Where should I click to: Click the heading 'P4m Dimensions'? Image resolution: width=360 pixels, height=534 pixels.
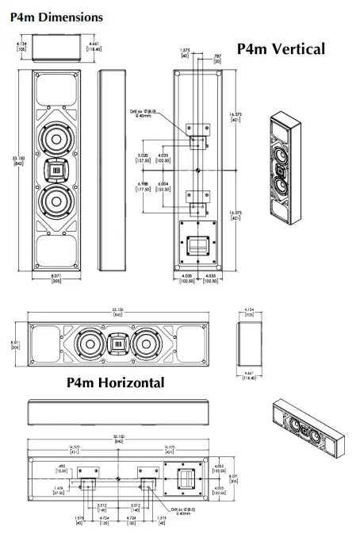pyautogui.click(x=56, y=16)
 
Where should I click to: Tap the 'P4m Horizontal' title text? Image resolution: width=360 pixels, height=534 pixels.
pyautogui.click(x=116, y=383)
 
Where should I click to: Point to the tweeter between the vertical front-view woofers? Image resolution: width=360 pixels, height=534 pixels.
pyautogui.click(x=57, y=169)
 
